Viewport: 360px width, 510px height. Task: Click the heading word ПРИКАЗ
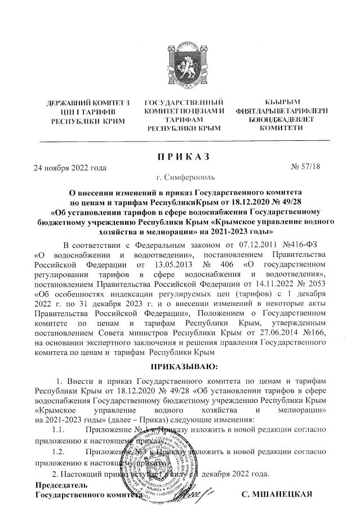tap(181, 155)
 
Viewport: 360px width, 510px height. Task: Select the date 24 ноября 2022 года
tap(70, 167)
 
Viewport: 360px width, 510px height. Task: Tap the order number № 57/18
tap(305, 167)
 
